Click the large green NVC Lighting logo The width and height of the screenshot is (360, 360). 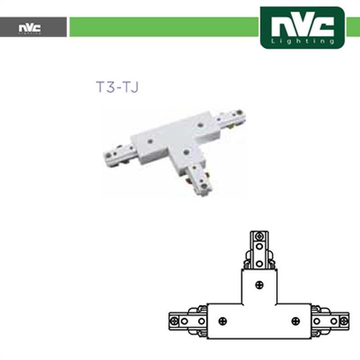[302, 27]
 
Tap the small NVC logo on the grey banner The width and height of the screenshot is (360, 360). [30, 28]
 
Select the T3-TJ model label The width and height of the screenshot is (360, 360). [117, 87]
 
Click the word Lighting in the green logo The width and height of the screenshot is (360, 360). [302, 41]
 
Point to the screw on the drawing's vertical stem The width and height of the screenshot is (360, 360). [259, 285]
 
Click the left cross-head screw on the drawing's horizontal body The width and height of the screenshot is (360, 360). [222, 321]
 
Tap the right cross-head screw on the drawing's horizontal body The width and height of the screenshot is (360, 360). [296, 321]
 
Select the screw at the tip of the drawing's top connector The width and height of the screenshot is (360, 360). [259, 236]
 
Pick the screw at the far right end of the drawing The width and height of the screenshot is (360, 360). [344, 321]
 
